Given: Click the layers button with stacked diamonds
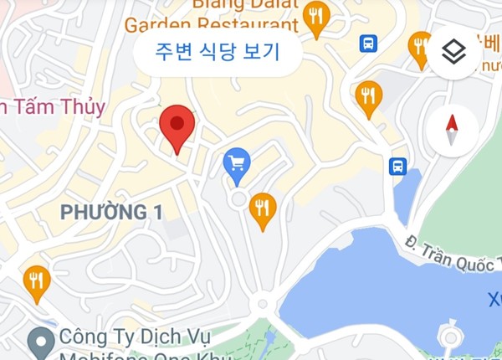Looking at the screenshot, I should coord(453,52).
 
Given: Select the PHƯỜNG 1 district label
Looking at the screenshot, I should coord(111,213).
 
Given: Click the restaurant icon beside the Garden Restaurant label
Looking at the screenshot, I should coord(315,18).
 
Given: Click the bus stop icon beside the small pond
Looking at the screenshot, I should coord(398,166).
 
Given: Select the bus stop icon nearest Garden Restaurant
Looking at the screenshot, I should coord(368,43).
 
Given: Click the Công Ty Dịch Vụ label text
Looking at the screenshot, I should coord(135,338).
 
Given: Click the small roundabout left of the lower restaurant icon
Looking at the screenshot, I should coord(238,199).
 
